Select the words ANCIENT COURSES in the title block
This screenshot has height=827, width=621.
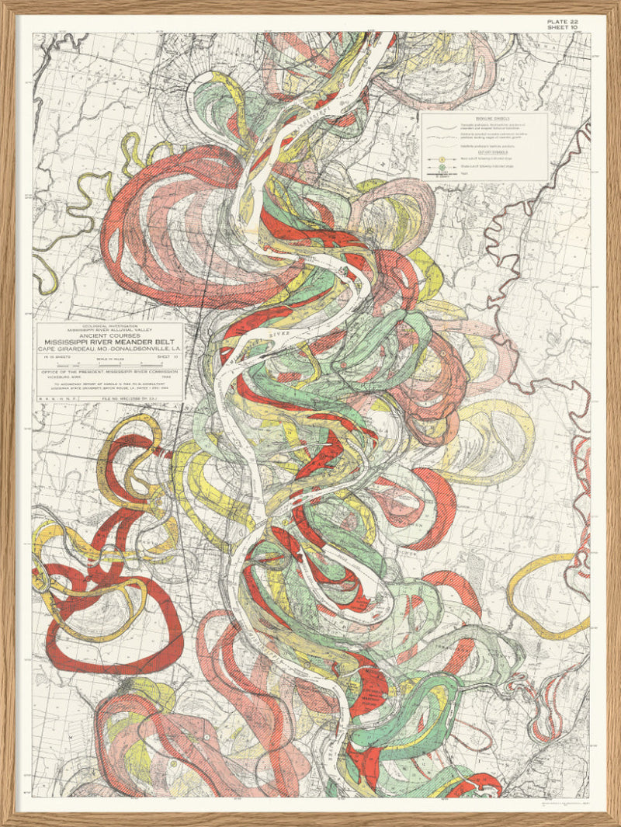click(x=110, y=335)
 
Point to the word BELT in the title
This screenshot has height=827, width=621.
click(x=170, y=342)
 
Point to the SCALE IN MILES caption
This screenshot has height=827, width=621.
click(x=109, y=360)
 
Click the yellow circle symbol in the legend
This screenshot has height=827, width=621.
click(x=442, y=160)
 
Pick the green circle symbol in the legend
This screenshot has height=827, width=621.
click(x=442, y=168)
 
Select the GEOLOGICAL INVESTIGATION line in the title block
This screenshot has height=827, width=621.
click(x=110, y=325)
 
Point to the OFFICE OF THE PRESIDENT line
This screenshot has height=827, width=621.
click(x=110, y=371)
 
